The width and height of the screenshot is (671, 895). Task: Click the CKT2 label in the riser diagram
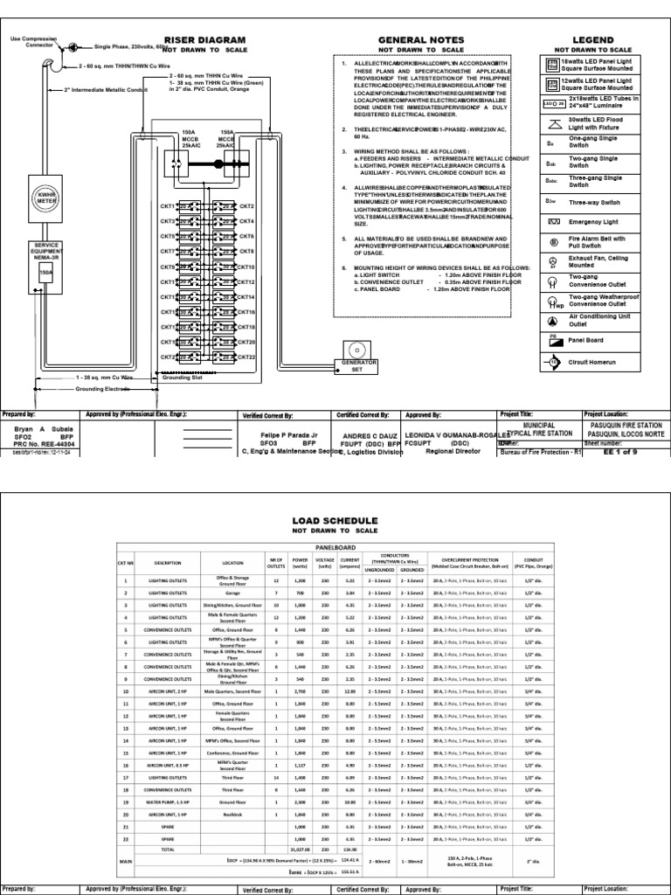[246, 207]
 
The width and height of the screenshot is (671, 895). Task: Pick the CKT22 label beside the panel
[246, 357]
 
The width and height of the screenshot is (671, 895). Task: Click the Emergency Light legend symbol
[551, 223]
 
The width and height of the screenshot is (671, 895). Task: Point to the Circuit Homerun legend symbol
[551, 358]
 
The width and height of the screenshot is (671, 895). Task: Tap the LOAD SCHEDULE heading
[335, 519]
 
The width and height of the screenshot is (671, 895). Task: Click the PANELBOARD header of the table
[335, 544]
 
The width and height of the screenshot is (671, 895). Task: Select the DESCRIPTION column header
[166, 562]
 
